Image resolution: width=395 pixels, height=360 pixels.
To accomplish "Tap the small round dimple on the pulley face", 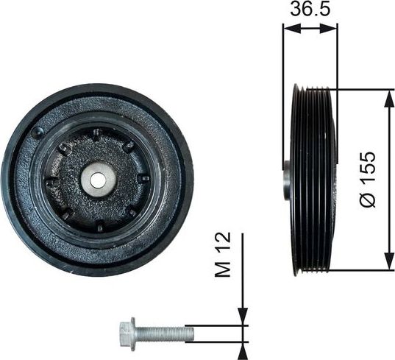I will click(x=38, y=133).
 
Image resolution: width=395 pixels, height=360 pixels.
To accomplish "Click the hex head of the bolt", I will click(x=125, y=333).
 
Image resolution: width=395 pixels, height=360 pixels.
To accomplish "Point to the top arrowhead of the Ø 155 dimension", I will click(x=387, y=96).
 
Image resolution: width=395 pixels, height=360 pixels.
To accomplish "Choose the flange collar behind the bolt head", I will click(x=135, y=333).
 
